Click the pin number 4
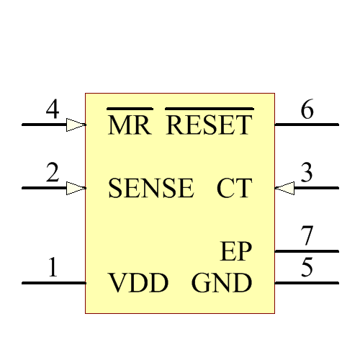click(x=52, y=110)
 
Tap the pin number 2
click(x=52, y=174)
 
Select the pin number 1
click(x=52, y=269)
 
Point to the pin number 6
click(x=307, y=110)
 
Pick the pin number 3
click(x=307, y=174)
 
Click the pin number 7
click(x=307, y=235)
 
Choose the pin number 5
click(x=307, y=269)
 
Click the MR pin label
click(x=130, y=126)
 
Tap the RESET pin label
click(x=210, y=126)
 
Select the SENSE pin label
click(x=150, y=189)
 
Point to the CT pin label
click(x=234, y=189)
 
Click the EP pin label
click(x=236, y=252)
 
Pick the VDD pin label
click(x=138, y=284)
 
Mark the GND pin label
click(x=222, y=284)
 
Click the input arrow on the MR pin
click(x=76, y=125)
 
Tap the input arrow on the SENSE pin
click(x=76, y=188)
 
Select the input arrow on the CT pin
click(x=285, y=188)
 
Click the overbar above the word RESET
click(x=210, y=109)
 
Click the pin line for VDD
click(x=54, y=283)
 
